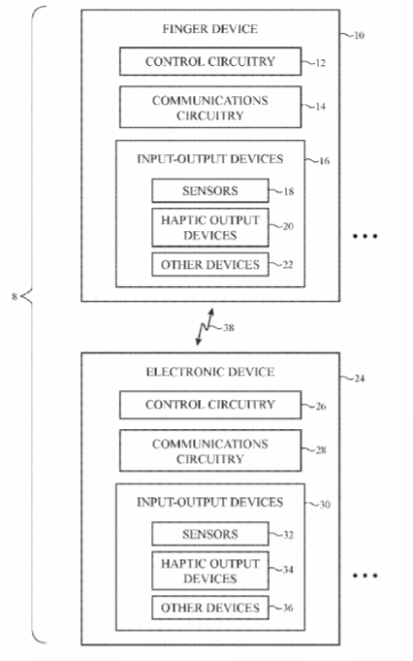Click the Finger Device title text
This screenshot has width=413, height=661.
click(209, 29)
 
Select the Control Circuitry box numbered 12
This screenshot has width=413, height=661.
click(210, 61)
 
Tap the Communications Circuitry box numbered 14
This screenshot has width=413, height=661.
click(210, 107)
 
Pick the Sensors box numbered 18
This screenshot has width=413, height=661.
click(210, 190)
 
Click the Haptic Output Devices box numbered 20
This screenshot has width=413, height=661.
click(210, 227)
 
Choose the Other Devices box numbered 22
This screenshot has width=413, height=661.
click(210, 264)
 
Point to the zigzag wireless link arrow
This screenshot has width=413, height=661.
click(205, 327)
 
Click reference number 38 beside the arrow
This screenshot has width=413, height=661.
click(228, 327)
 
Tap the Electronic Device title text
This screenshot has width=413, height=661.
click(210, 372)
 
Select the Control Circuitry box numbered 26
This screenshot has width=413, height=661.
click(210, 405)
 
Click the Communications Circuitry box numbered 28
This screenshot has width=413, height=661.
click(210, 450)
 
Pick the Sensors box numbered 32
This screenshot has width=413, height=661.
click(210, 534)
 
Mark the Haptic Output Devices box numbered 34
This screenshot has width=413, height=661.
click(210, 571)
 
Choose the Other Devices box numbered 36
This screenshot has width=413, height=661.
click(210, 608)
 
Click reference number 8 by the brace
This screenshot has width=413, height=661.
click(15, 297)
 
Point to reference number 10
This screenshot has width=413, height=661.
click(359, 35)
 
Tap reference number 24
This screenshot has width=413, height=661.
click(359, 379)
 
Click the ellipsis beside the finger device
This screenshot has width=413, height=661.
click(365, 236)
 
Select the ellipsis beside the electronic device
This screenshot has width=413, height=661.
click(365, 576)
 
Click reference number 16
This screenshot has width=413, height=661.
click(324, 161)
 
